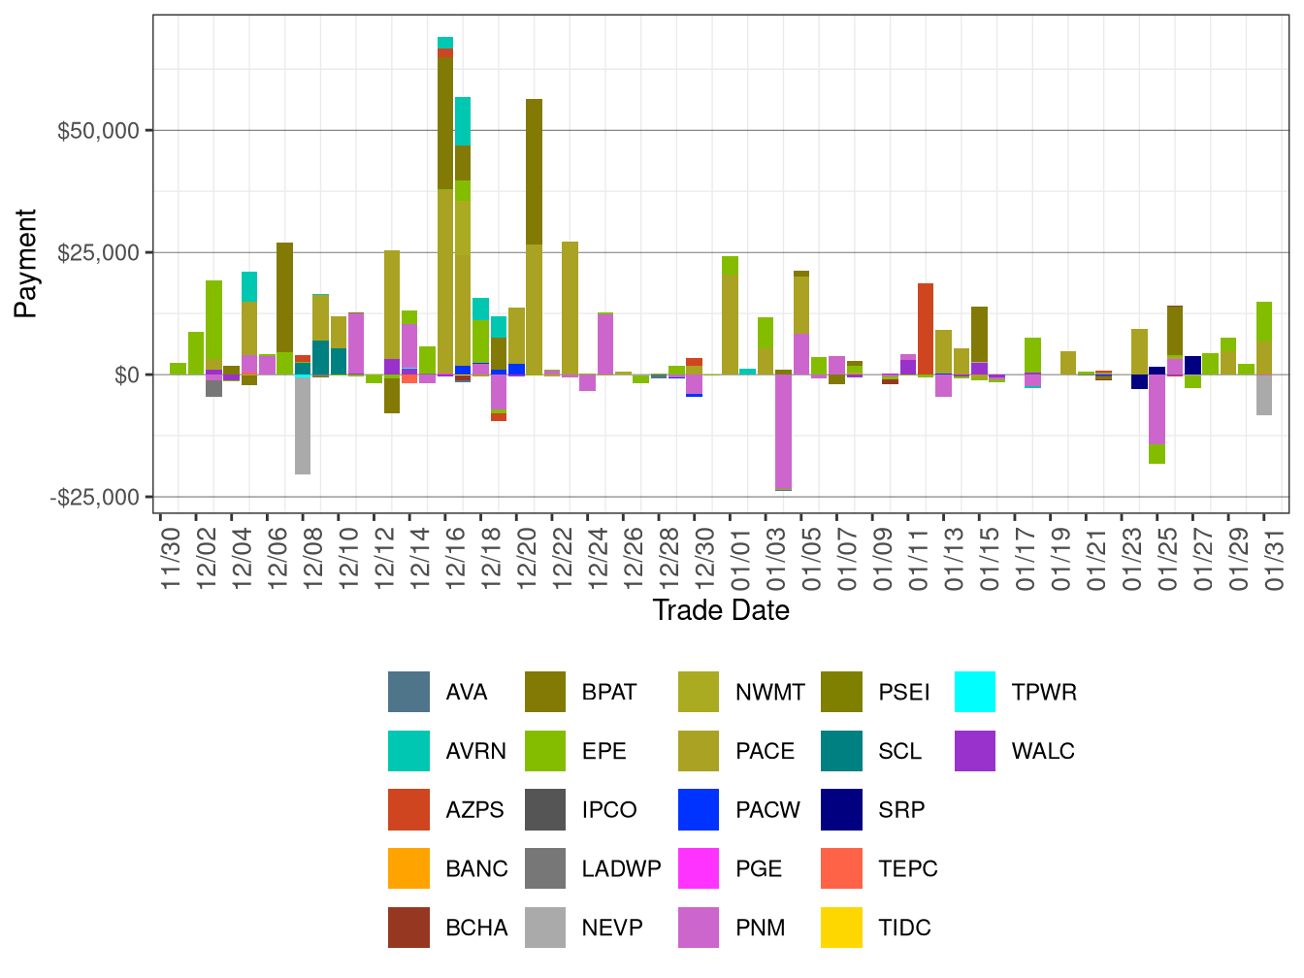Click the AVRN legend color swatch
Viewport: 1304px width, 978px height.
click(x=408, y=751)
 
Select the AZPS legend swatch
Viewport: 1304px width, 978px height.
click(x=408, y=810)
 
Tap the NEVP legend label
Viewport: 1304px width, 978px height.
click(x=611, y=928)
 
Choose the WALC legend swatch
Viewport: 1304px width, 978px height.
click(x=975, y=751)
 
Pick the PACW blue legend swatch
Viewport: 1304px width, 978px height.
click(x=699, y=810)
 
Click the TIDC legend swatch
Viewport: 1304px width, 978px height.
click(x=841, y=928)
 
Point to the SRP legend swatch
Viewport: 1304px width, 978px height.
click(x=841, y=810)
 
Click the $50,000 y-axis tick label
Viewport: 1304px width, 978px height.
click(x=98, y=131)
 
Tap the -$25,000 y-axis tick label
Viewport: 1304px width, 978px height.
click(x=95, y=498)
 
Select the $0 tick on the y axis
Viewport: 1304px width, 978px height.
click(x=126, y=375)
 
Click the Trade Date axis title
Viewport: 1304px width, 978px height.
click(x=721, y=610)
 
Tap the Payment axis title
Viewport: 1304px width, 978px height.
click(x=26, y=263)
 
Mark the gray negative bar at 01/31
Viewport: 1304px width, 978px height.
click(x=1264, y=395)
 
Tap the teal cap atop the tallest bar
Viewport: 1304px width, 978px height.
click(x=445, y=42)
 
